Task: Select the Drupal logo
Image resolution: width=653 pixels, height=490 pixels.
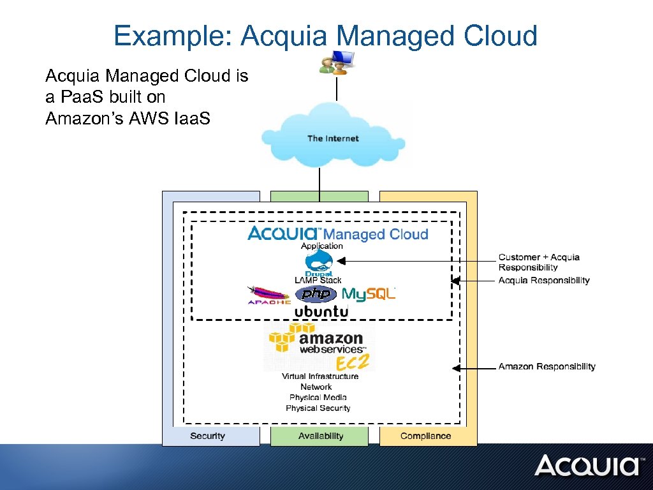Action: [318, 263]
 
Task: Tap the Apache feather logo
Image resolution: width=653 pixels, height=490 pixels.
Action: [268, 295]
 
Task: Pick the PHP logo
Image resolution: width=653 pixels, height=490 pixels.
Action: [316, 294]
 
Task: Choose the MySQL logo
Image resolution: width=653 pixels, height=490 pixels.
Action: [369, 294]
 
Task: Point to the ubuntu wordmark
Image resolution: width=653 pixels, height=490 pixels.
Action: [321, 312]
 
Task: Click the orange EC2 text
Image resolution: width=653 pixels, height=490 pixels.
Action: [353, 362]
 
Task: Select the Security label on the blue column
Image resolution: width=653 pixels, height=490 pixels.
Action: [207, 436]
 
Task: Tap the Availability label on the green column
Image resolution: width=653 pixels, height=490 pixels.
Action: [321, 436]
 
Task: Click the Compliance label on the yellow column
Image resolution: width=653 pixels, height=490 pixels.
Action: [425, 436]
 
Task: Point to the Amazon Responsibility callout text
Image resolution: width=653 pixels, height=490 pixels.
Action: [547, 366]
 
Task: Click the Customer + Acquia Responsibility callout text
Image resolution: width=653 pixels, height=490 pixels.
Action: [539, 262]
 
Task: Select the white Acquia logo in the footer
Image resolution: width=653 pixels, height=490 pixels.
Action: [587, 466]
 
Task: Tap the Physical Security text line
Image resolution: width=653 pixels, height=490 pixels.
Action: [318, 408]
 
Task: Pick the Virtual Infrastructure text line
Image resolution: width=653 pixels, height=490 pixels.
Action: [320, 376]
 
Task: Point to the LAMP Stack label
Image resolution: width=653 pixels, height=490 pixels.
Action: [318, 280]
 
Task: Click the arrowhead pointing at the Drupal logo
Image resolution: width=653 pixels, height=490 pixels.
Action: [341, 261]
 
